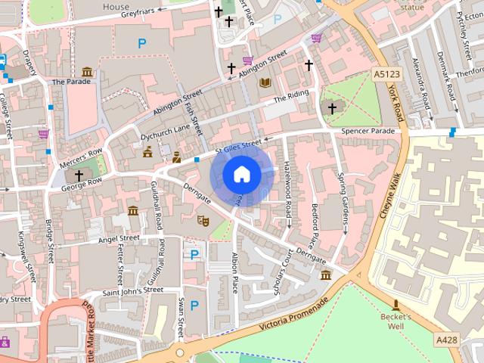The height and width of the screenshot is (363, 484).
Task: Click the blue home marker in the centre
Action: pyautogui.click(x=241, y=174)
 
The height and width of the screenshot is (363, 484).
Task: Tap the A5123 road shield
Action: pyautogui.click(x=385, y=73)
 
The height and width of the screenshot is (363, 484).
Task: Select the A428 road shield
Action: pyautogui.click(x=446, y=341)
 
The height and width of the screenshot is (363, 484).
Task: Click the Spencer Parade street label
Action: pyautogui.click(x=368, y=131)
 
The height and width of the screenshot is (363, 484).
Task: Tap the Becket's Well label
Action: pyautogui.click(x=396, y=321)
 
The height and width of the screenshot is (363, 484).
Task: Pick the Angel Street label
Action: pyautogui.click(x=119, y=238)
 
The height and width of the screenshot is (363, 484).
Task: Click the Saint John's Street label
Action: pyautogui.click(x=132, y=290)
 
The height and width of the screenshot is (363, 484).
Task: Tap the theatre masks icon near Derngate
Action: pyautogui.click(x=202, y=221)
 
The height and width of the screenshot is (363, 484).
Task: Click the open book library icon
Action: pyautogui.click(x=265, y=82)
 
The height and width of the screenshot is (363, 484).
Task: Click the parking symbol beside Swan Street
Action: pyautogui.click(x=194, y=306)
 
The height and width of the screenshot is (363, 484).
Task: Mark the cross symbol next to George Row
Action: pyautogui.click(x=79, y=175)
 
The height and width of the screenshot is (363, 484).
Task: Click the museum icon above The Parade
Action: pyautogui.click(x=87, y=72)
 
